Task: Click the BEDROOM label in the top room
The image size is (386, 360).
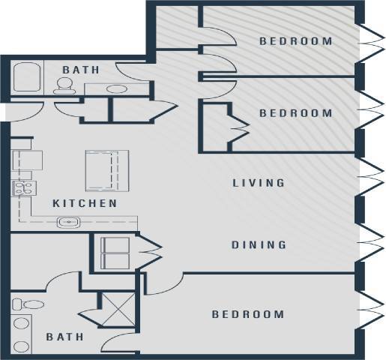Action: (295, 41)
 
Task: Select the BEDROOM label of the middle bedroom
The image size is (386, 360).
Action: (295, 113)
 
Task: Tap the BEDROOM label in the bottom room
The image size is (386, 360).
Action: (247, 314)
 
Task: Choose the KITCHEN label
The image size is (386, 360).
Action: (85, 203)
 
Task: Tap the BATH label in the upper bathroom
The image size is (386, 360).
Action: (81, 70)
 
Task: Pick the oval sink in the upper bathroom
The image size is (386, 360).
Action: (115, 88)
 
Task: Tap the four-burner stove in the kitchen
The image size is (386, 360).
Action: (23, 188)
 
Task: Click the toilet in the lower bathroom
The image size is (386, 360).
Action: (27, 306)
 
